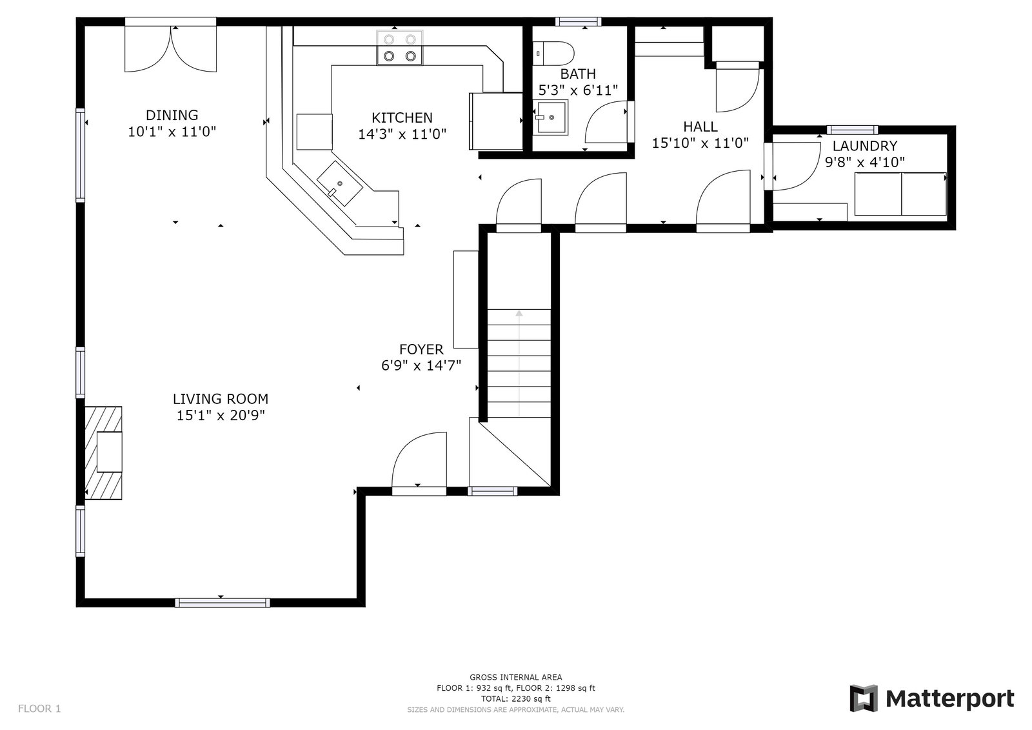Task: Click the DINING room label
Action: pyautogui.click(x=172, y=115)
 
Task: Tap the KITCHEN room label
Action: pyautogui.click(x=402, y=117)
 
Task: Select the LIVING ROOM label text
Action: pyautogui.click(x=221, y=399)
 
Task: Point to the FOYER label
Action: pyautogui.click(x=421, y=349)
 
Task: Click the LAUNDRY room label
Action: pyautogui.click(x=865, y=146)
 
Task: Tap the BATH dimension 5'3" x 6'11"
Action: pyautogui.click(x=578, y=90)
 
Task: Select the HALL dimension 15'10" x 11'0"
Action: pyautogui.click(x=700, y=143)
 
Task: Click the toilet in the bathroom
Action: pyautogui.click(x=553, y=54)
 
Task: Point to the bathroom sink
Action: pyautogui.click(x=551, y=117)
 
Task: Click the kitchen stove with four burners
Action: pyautogui.click(x=399, y=48)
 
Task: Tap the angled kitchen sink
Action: pyautogui.click(x=339, y=183)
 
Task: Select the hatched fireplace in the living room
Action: pyautogui.click(x=103, y=453)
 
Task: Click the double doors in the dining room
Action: pyautogui.click(x=170, y=49)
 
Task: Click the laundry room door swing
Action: pyautogui.click(x=797, y=166)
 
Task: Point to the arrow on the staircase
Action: pyautogui.click(x=519, y=363)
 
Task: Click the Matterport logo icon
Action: pyautogui.click(x=864, y=698)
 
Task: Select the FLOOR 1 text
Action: pyautogui.click(x=39, y=709)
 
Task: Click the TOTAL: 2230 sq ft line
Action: pyautogui.click(x=515, y=698)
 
